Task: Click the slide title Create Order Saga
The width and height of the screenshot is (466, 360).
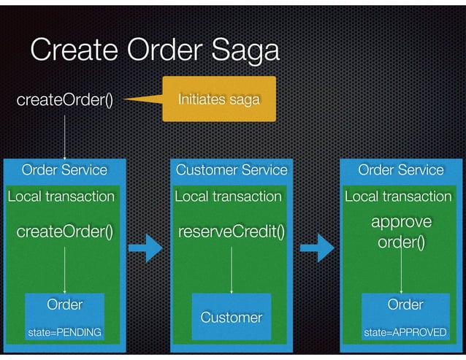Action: click(x=154, y=50)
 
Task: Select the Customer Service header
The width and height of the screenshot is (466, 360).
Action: click(x=232, y=170)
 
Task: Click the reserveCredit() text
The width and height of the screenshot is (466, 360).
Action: click(x=232, y=232)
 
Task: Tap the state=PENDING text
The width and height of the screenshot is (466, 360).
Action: click(x=64, y=333)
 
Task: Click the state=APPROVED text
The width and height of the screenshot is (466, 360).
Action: click(x=405, y=333)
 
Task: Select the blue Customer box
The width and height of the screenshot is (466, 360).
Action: click(x=232, y=317)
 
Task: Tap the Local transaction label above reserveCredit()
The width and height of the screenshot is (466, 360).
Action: click(x=228, y=196)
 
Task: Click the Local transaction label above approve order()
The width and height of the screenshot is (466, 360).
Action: click(x=398, y=196)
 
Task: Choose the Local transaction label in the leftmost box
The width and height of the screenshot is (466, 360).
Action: click(x=61, y=196)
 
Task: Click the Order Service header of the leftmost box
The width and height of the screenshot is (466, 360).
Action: click(x=64, y=170)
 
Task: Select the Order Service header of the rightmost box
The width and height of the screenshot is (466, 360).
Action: click(x=400, y=170)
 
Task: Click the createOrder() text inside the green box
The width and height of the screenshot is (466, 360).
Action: click(x=65, y=232)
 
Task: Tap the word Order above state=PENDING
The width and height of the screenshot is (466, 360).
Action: click(x=64, y=304)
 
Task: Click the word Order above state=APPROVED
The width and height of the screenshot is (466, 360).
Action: click(x=405, y=304)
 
